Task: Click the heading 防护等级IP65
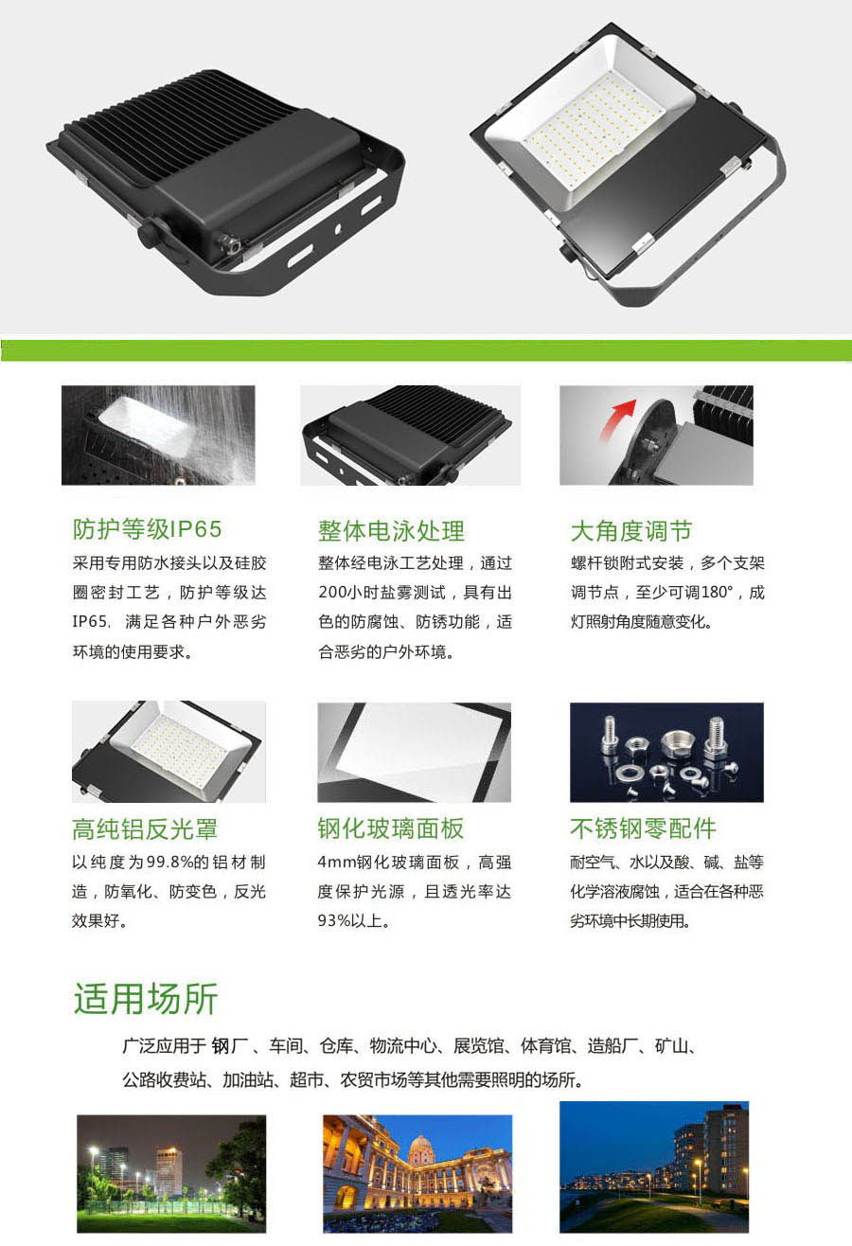click(148, 529)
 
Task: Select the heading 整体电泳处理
click(391, 531)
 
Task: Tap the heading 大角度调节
click(631, 531)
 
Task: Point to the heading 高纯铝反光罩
click(145, 829)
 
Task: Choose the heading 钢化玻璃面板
click(390, 828)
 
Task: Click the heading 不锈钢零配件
click(643, 828)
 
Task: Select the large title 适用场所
click(146, 1000)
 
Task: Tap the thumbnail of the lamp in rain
click(158, 435)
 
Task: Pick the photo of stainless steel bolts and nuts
click(666, 752)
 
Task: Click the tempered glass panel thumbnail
click(415, 752)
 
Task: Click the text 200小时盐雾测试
click(382, 593)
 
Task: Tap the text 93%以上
click(352, 920)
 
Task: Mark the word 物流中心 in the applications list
click(403, 1046)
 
